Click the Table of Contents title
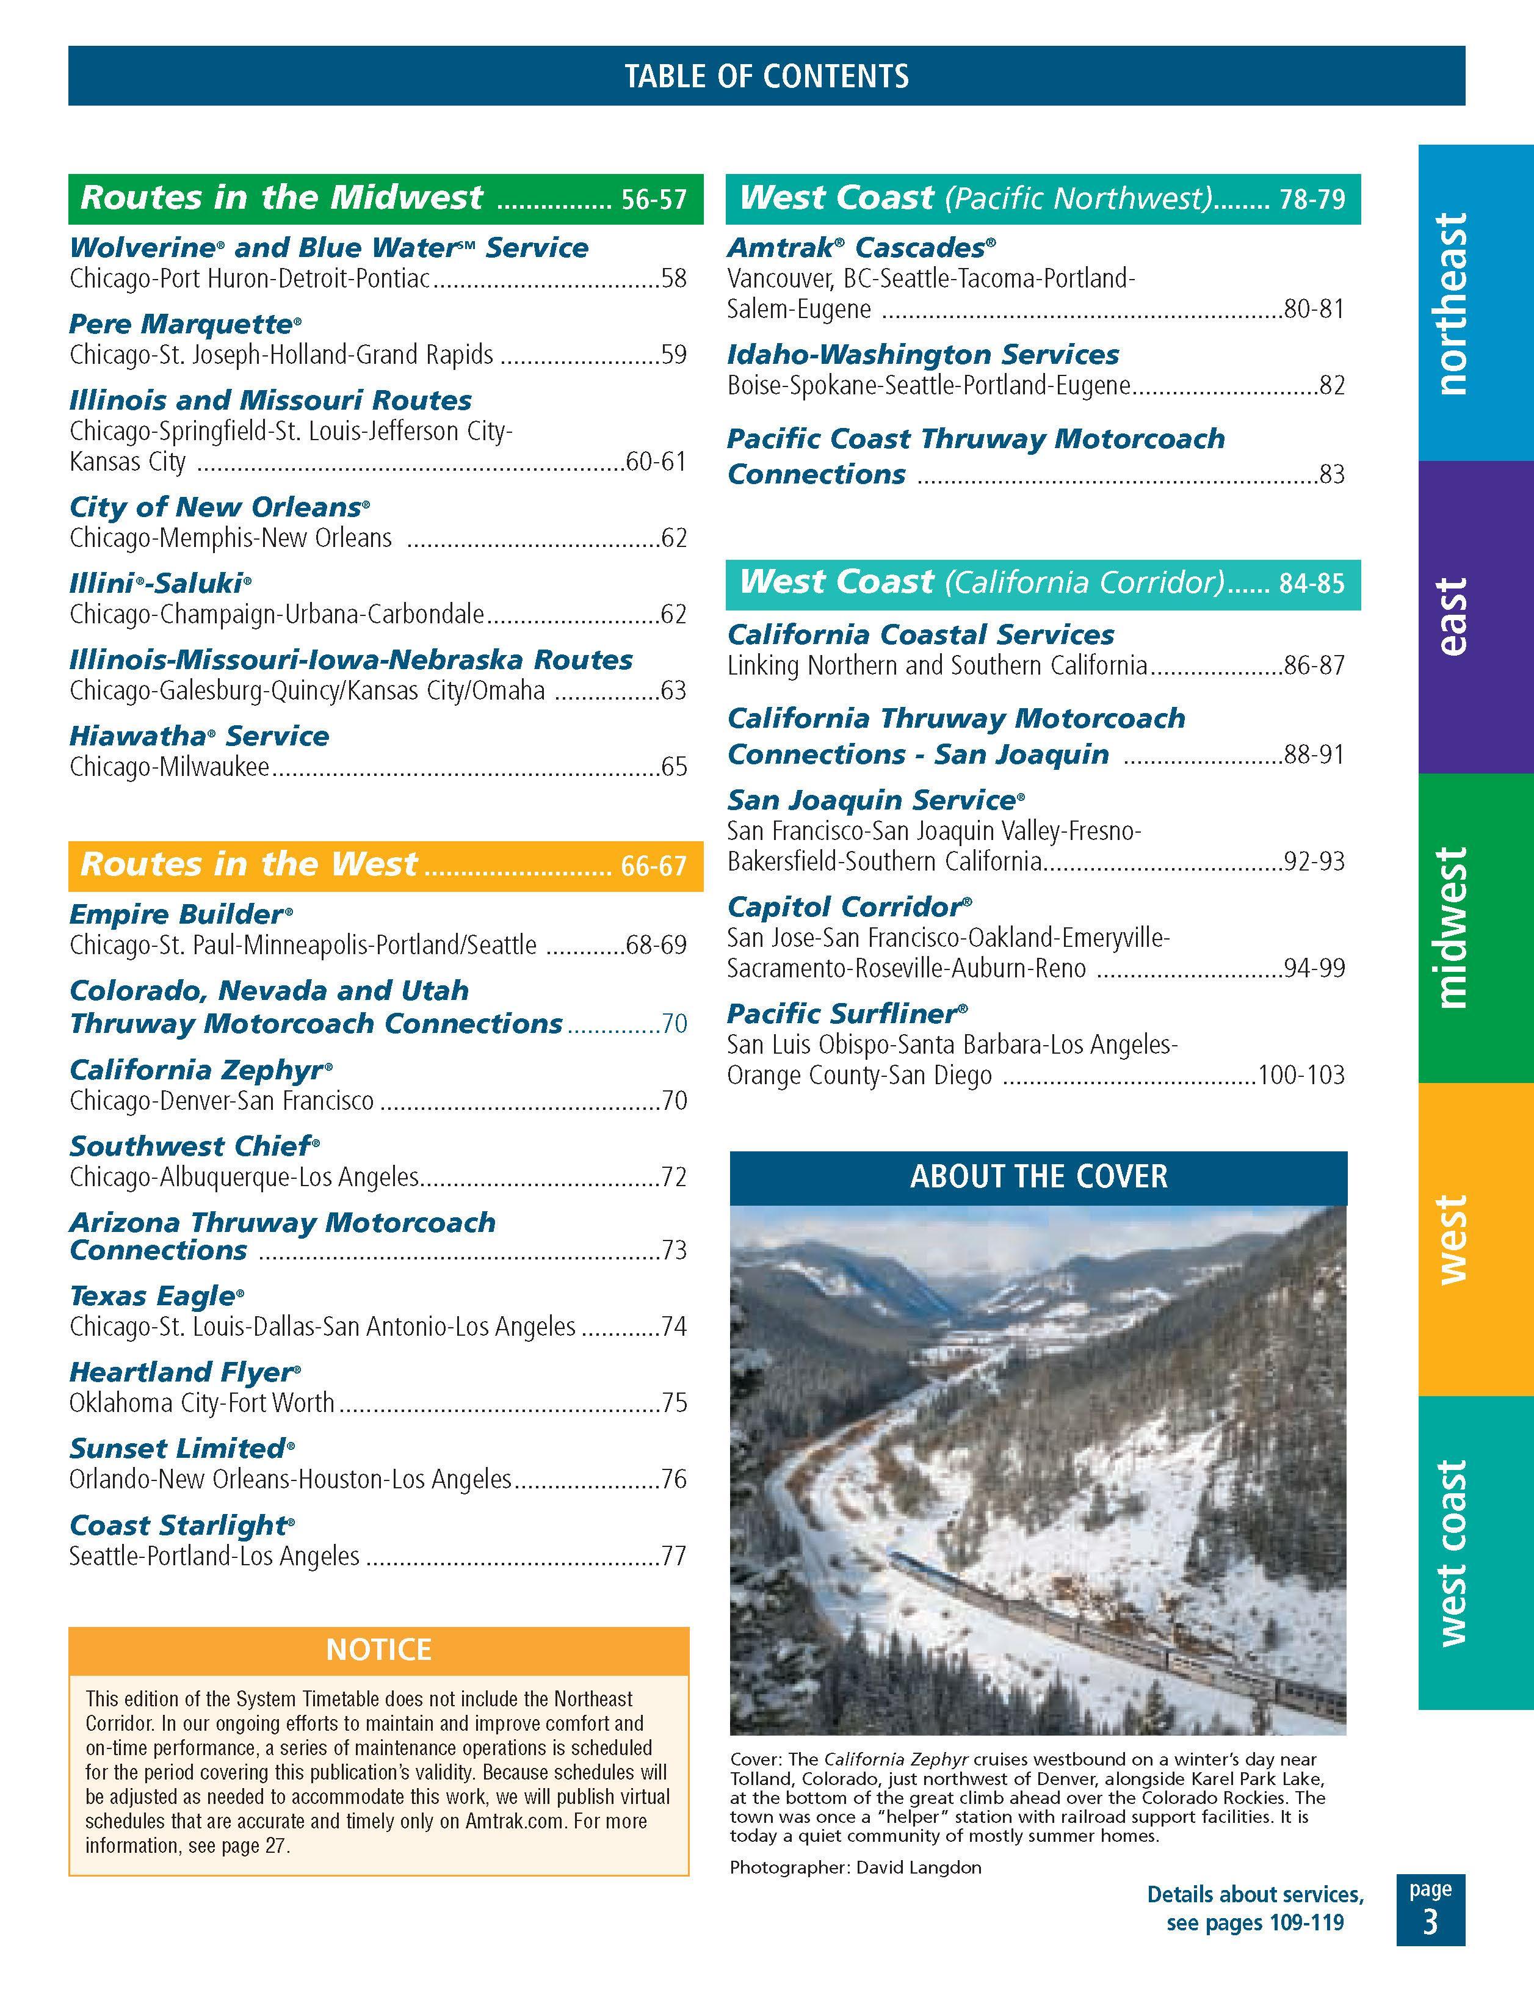(766, 76)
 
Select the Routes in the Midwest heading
(282, 198)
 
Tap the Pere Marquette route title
(181, 324)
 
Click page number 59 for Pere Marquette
(674, 355)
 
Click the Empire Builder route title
(177, 914)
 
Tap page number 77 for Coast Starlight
(674, 1556)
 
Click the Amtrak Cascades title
(857, 247)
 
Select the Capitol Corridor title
(845, 907)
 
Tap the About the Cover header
(1038, 1176)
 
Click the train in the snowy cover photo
(1094, 1623)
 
